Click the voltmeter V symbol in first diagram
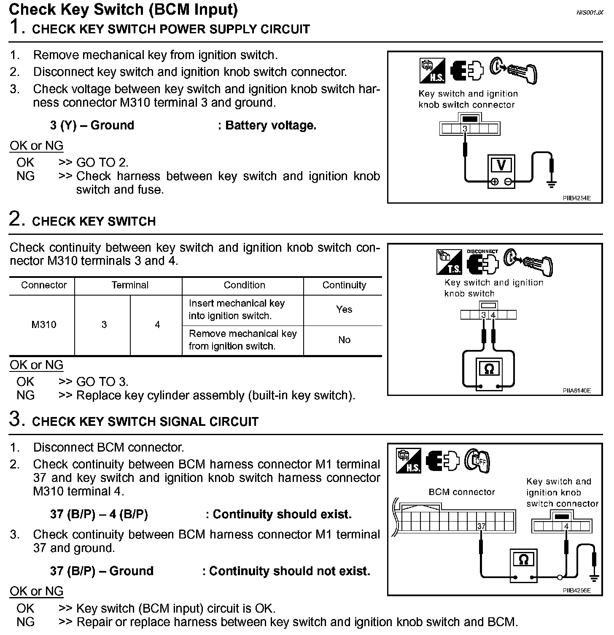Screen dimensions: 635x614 point(501,165)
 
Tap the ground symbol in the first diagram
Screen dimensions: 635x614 point(551,183)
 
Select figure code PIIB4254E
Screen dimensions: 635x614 point(576,198)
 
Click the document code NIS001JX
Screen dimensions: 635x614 point(590,13)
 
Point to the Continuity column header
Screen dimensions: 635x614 point(344,285)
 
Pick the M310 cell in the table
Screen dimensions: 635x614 point(44,325)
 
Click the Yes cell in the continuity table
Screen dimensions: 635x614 point(344,309)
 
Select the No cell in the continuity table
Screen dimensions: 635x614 point(344,340)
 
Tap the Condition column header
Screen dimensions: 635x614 point(244,285)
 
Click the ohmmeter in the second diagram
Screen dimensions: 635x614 point(489,369)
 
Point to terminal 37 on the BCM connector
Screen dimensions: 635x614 point(481,526)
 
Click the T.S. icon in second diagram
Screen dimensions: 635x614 point(449,262)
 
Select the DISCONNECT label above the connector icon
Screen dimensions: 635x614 point(482,251)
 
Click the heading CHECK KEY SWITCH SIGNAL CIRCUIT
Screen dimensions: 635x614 point(145,422)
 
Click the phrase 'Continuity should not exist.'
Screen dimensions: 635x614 point(289,571)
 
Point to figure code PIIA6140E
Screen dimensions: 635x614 point(576,390)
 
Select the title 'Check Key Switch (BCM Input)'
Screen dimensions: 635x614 point(123,9)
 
